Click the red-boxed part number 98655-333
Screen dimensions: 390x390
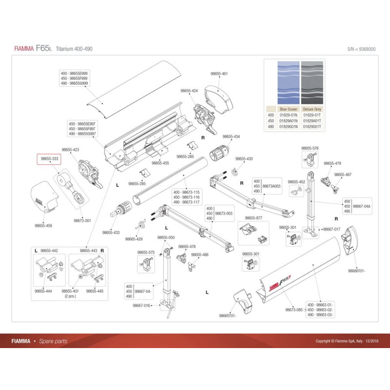pos(49,158)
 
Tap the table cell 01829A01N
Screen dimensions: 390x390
pos(289,120)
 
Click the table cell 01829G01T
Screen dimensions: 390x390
pos(312,126)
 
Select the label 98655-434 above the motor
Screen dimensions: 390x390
pos(231,137)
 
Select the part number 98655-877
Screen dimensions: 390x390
pos(253,218)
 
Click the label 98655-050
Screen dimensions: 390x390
pos(166,237)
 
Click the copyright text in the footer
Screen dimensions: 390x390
pos(347,341)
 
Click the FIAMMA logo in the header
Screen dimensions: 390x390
pos(23,49)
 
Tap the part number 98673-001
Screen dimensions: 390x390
pos(81,220)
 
